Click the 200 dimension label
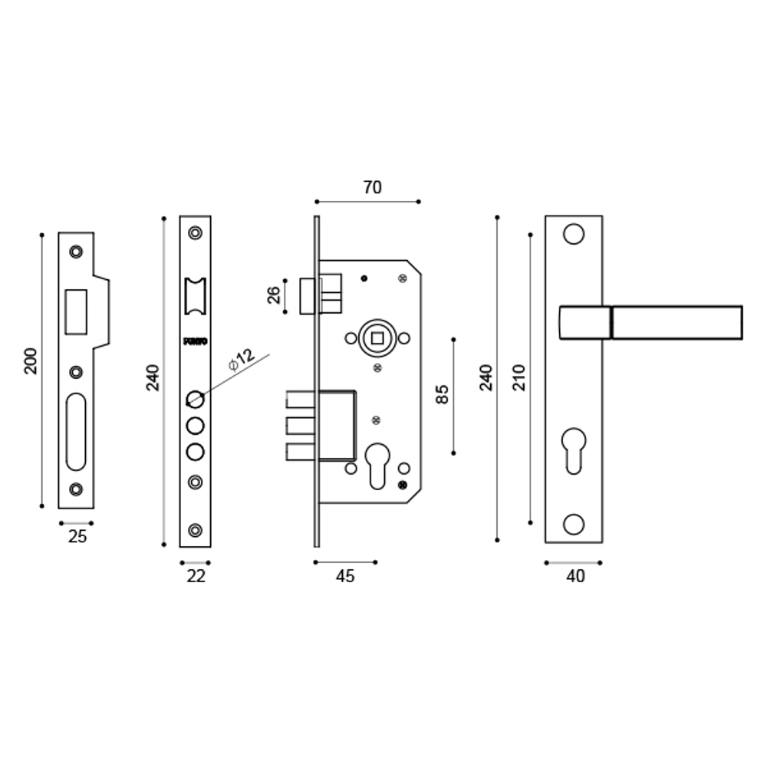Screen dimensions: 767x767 pos(31,360)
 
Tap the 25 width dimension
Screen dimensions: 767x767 pos(77,537)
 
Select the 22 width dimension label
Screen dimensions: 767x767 pos(196,576)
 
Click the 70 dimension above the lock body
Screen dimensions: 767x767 pos(371,187)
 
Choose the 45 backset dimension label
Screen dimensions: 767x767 pos(346,576)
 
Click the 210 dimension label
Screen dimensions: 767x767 pos(519,377)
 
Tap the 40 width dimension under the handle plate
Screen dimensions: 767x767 pos(574,576)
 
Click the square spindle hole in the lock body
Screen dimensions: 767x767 pos(377,337)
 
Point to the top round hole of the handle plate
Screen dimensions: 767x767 pos(574,234)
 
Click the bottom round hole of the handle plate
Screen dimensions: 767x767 pos(574,524)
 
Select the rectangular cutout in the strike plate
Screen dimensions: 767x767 pos(75,311)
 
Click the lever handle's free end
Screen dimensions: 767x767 pos(732,322)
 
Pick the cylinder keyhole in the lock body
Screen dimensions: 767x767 pos(377,466)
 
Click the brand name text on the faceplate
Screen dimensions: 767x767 pos(196,342)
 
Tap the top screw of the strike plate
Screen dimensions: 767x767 pos(75,251)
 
